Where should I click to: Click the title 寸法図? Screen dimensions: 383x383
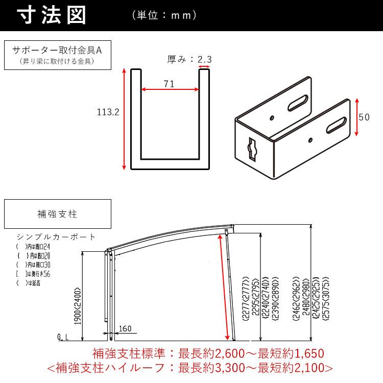click(52, 15)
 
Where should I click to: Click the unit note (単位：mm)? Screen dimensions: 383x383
click(164, 16)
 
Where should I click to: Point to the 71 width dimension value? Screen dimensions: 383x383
click(170, 84)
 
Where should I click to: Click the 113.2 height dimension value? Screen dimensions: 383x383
click(108, 112)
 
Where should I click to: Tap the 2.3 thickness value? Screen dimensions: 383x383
click(205, 59)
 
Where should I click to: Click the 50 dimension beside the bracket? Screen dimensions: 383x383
click(364, 117)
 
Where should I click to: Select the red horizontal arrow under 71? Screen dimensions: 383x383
click(170, 90)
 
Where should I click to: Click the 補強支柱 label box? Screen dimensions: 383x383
click(57, 214)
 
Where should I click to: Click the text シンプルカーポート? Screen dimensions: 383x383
click(56, 237)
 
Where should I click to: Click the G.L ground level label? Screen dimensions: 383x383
click(63, 338)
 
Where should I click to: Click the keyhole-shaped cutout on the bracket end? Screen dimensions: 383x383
click(252, 148)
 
